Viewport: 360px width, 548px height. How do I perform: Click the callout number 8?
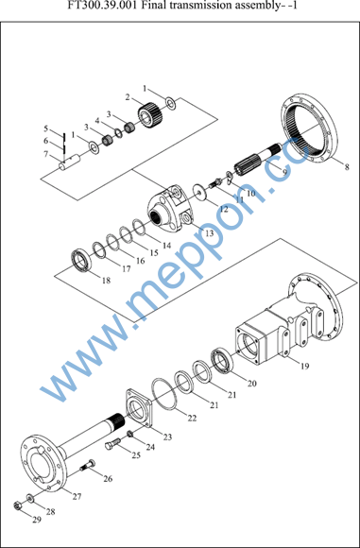pyautogui.click(x=347, y=167)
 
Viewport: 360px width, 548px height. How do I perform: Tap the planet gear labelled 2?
pyautogui.click(x=149, y=114)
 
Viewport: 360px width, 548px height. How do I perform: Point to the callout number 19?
pyautogui.click(x=304, y=366)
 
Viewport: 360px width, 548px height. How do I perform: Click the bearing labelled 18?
pyautogui.click(x=81, y=261)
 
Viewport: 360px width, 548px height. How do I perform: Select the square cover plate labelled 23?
pyautogui.click(x=138, y=408)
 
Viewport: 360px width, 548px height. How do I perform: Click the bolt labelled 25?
pyautogui.click(x=112, y=443)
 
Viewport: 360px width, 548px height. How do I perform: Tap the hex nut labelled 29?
pyautogui.click(x=16, y=505)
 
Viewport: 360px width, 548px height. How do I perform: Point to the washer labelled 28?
pyautogui.click(x=30, y=498)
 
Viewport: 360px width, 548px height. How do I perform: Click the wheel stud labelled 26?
pyautogui.click(x=88, y=465)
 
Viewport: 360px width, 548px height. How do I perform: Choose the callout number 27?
pyautogui.click(x=77, y=496)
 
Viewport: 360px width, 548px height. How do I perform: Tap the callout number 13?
pyautogui.click(x=209, y=232)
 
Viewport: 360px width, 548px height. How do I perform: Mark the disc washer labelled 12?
pyautogui.click(x=200, y=192)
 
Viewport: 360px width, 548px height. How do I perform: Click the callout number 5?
pyautogui.click(x=45, y=128)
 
